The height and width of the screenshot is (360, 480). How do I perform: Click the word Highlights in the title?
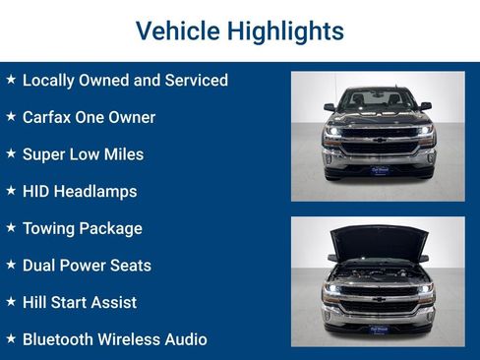(286, 30)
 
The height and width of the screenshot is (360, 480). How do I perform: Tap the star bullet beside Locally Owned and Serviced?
(11, 80)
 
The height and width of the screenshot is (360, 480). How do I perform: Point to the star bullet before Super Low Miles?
(11, 153)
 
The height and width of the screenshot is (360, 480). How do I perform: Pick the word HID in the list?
(37, 191)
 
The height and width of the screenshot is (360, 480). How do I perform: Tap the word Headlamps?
(97, 191)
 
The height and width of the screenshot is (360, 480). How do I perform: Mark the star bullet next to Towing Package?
(11, 227)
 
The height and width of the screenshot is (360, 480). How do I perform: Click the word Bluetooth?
(62, 339)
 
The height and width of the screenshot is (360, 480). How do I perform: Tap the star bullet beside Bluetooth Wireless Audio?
(11, 338)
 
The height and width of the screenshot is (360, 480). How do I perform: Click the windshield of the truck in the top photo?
(378, 99)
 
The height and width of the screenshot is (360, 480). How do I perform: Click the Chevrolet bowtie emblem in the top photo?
(379, 140)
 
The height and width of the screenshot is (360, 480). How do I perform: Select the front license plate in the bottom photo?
(379, 330)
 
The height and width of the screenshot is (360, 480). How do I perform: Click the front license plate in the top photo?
(379, 169)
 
